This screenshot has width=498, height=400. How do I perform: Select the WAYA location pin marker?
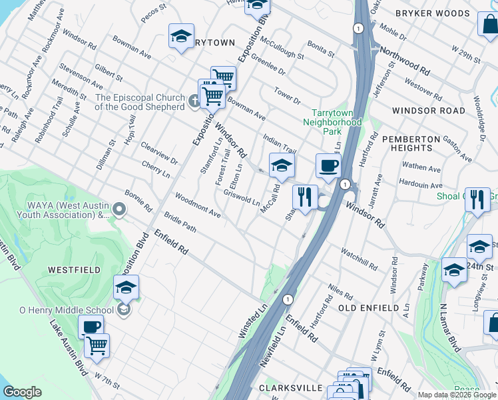[119, 211]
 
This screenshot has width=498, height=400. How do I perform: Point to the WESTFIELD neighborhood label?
[75, 270]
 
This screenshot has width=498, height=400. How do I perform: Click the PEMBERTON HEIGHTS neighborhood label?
[411, 143]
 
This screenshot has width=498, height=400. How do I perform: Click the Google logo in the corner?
[22, 392]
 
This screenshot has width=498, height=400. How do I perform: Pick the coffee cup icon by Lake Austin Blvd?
[91, 327]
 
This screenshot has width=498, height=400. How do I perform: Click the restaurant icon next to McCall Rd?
[304, 197]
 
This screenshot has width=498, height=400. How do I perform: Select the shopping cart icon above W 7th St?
[97, 345]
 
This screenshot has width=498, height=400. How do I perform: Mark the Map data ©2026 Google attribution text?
[457, 395]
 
